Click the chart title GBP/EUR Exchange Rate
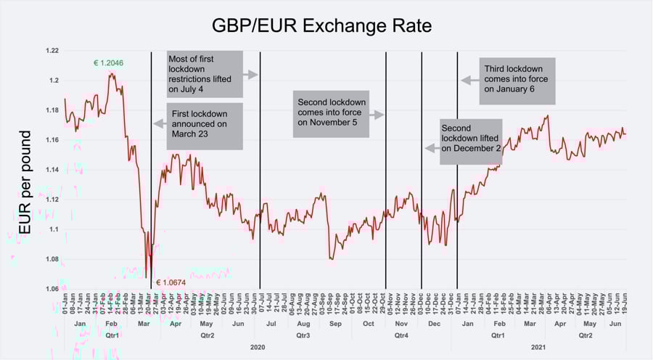pyautogui.click(x=321, y=26)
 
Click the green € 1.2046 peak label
pyautogui.click(x=108, y=63)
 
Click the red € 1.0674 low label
pyautogui.click(x=171, y=282)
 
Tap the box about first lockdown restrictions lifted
pyautogui.click(x=203, y=74)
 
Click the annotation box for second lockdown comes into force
pyautogui.click(x=332, y=114)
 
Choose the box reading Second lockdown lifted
pyautogui.click(x=470, y=138)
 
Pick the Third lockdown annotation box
pyautogui.click(x=518, y=80)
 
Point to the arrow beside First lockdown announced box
pyautogui.click(x=160, y=124)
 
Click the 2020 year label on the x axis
pyautogui.click(x=258, y=348)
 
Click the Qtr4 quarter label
pyautogui.click(x=401, y=335)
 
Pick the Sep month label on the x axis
pyautogui.click(x=335, y=323)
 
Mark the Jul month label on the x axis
pyautogui.click(x=271, y=323)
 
